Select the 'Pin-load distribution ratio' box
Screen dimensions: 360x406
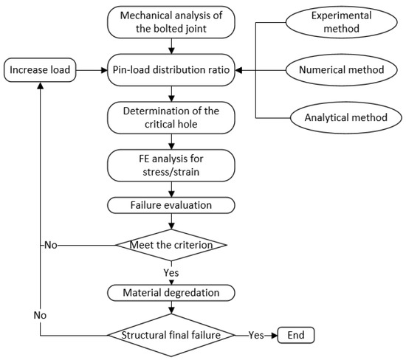click(x=172, y=71)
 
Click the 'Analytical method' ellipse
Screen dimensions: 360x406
click(x=347, y=117)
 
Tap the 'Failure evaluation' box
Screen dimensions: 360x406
click(x=172, y=204)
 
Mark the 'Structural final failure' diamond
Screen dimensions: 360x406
click(x=172, y=336)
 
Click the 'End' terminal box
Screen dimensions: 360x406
click(x=295, y=336)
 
